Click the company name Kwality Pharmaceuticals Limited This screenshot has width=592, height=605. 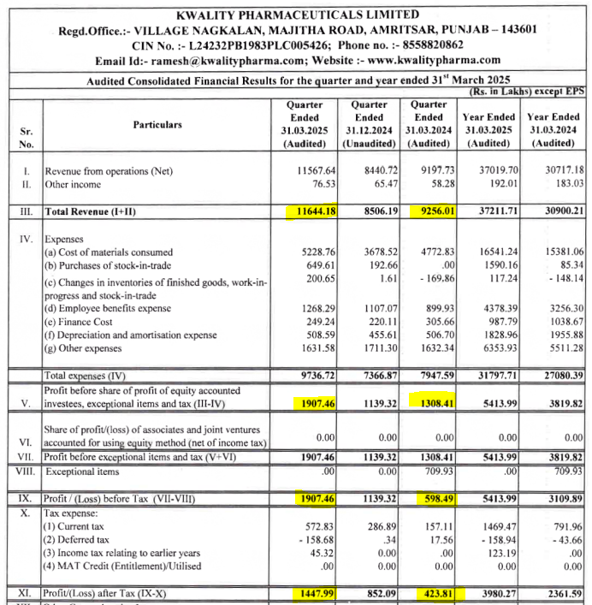(x=297, y=15)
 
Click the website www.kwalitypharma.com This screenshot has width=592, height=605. (x=435, y=60)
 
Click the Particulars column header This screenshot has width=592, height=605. (x=157, y=124)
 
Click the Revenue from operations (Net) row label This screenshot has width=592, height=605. (x=108, y=171)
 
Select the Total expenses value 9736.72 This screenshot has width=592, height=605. (x=312, y=376)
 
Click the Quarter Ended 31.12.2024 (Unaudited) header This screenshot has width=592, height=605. (x=370, y=124)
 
